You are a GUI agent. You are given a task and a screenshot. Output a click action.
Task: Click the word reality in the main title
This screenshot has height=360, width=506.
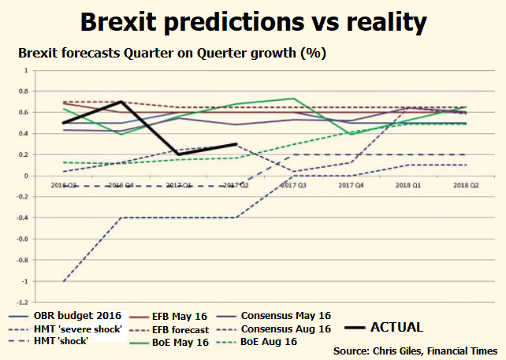click(385, 21)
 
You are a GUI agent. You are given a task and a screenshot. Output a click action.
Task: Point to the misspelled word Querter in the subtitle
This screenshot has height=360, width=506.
click(234, 54)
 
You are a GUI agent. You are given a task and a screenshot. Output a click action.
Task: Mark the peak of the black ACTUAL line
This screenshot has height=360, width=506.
click(120, 102)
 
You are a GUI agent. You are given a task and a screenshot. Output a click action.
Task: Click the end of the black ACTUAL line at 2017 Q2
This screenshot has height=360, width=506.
click(236, 144)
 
